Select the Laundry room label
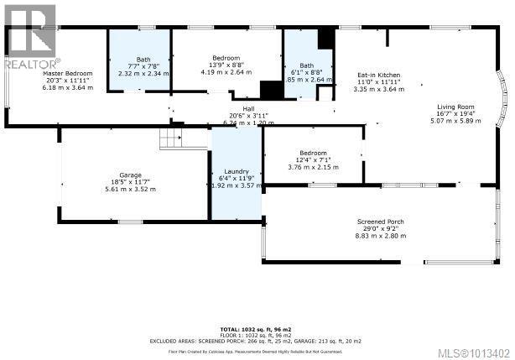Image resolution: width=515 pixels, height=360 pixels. [236, 172]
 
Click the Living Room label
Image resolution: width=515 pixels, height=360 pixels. [455, 107]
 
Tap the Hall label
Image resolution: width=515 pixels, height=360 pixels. [248, 108]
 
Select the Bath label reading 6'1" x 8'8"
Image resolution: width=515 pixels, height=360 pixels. [307, 66]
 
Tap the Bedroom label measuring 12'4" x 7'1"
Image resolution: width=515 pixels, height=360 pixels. [313, 153]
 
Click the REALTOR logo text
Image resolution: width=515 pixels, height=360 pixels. [33, 63]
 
